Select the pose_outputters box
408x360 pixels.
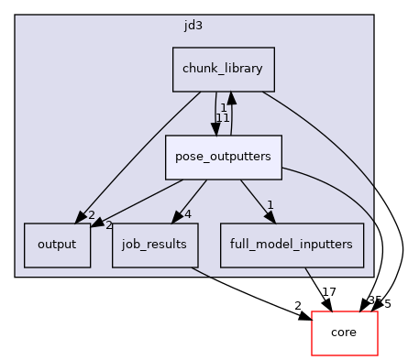tap(223, 157)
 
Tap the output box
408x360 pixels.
tap(57, 245)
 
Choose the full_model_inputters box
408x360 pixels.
tap(292, 245)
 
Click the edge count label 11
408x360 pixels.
tap(223, 118)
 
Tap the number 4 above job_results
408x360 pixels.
tap(187, 215)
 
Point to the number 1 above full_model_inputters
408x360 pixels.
tap(270, 205)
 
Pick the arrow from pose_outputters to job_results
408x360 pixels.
tap(191, 198)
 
